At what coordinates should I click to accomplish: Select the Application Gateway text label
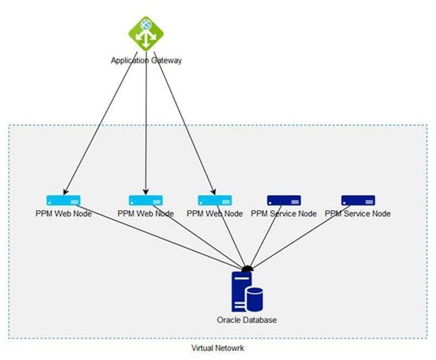(x=146, y=60)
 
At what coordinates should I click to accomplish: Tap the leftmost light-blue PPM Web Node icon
(x=63, y=200)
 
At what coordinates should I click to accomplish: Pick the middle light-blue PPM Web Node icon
(x=146, y=200)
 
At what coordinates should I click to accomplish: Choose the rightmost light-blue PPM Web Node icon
(x=215, y=200)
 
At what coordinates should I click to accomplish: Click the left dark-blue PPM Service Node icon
(x=283, y=200)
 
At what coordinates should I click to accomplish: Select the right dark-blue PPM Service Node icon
(x=358, y=200)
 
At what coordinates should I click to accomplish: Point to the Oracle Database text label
(x=246, y=319)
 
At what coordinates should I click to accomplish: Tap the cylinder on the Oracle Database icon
(x=254, y=298)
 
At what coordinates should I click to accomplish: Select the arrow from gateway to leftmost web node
(x=101, y=122)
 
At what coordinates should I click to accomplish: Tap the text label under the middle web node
(x=146, y=213)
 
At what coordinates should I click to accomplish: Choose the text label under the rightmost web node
(x=215, y=213)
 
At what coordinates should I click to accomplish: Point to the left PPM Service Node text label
(x=283, y=213)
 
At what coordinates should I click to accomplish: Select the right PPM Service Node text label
(x=358, y=213)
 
